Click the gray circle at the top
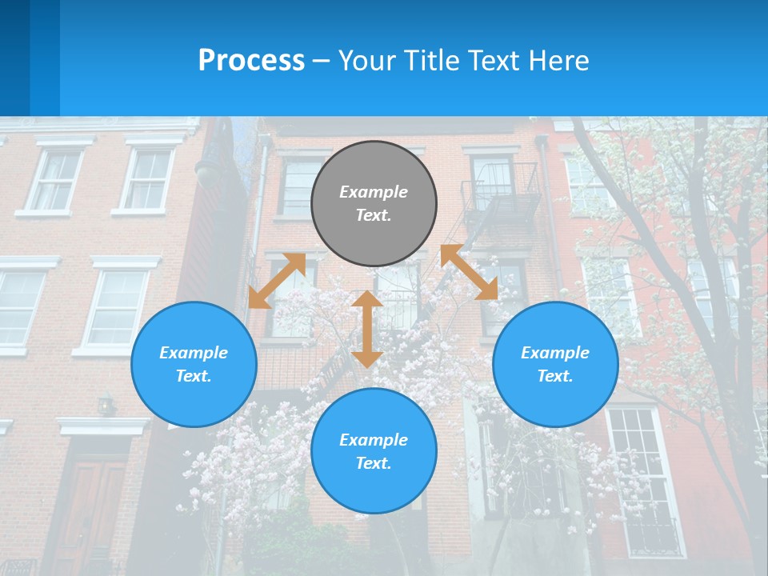point(374,203)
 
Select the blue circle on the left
point(194,364)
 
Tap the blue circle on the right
point(555,364)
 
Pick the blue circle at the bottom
point(374,451)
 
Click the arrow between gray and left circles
point(277,281)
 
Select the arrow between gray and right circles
point(469,272)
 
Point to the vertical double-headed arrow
point(367,329)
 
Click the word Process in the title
point(251,60)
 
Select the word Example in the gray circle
point(374,192)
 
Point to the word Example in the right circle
point(555,353)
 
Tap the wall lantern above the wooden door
point(106,405)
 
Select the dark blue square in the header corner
point(14,58)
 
